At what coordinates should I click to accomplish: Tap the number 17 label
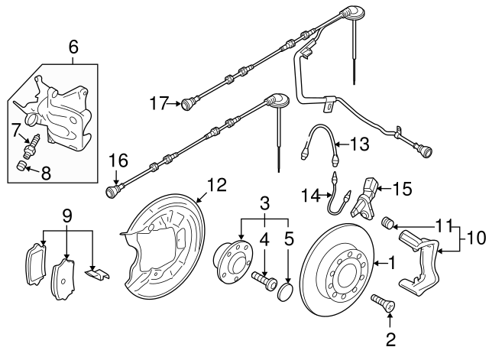[x=158, y=102]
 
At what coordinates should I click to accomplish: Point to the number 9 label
[x=68, y=217]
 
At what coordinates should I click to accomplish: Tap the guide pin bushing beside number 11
[x=387, y=222]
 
